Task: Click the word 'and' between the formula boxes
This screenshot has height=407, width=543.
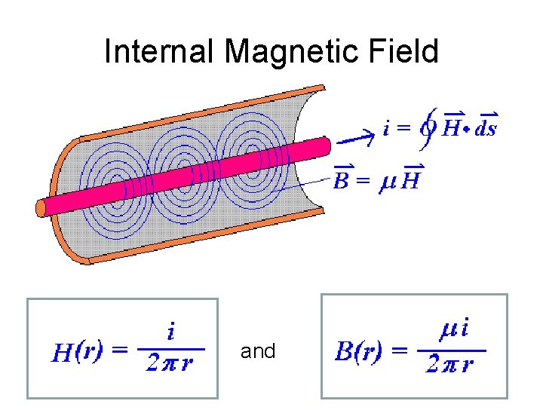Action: [258, 351]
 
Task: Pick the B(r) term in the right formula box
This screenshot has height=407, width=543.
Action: [365, 350]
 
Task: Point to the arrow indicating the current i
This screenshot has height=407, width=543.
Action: [354, 137]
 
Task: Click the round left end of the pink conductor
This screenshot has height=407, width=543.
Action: [42, 207]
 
